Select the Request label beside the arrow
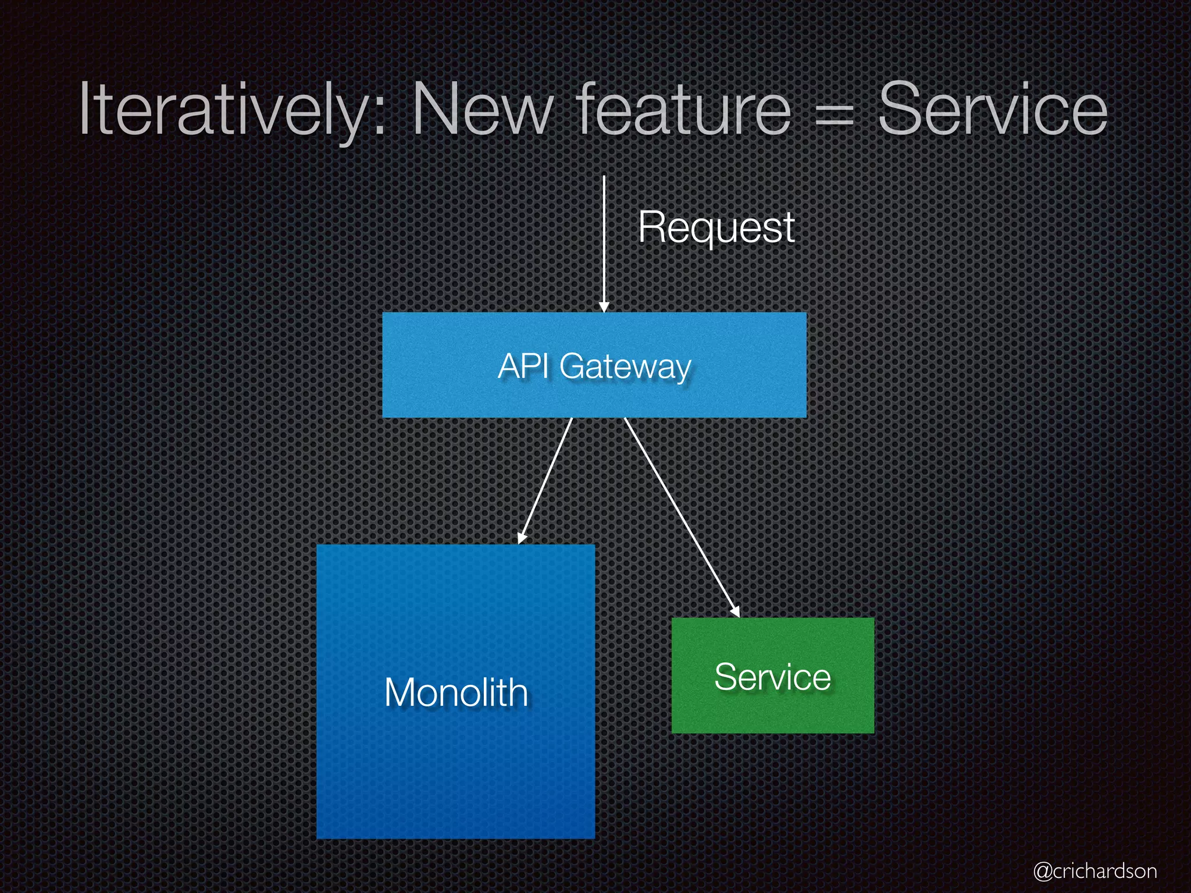coord(716,227)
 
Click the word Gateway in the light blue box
coord(625,367)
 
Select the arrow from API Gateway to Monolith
coord(545,480)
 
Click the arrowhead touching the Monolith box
coord(522,537)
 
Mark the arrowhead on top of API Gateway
coord(604,306)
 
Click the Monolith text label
coord(456,692)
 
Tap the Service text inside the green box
coord(772,677)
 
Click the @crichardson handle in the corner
coord(1094,871)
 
